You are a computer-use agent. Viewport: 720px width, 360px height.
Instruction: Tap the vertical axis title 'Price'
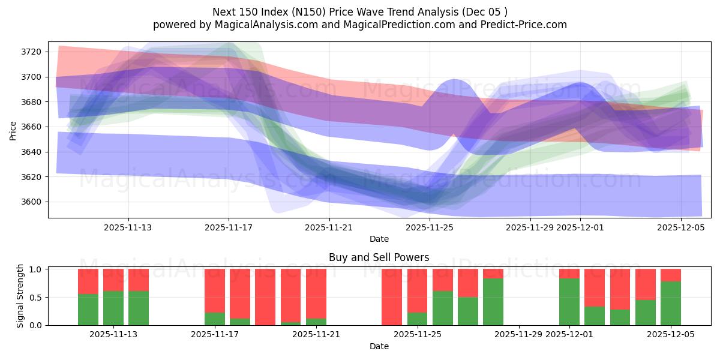[x=13, y=130]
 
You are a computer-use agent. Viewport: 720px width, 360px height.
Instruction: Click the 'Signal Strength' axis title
[x=20, y=296]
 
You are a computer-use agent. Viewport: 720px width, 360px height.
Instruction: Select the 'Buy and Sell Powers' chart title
[x=379, y=257]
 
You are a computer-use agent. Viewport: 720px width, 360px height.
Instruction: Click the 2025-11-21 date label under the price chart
[x=329, y=227]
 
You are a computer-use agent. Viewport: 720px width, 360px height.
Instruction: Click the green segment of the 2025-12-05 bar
[x=671, y=303]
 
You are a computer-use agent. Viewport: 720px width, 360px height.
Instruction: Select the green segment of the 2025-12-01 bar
[x=569, y=302]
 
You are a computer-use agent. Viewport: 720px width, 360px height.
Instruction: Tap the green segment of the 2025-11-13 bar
[x=139, y=308]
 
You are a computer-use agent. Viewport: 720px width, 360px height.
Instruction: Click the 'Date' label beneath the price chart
[x=379, y=239]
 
